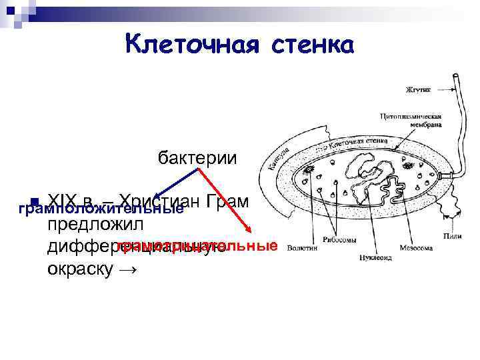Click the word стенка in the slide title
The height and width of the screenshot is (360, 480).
click(311, 45)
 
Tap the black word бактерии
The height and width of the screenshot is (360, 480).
click(197, 158)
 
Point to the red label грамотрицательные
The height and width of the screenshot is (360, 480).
click(197, 246)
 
